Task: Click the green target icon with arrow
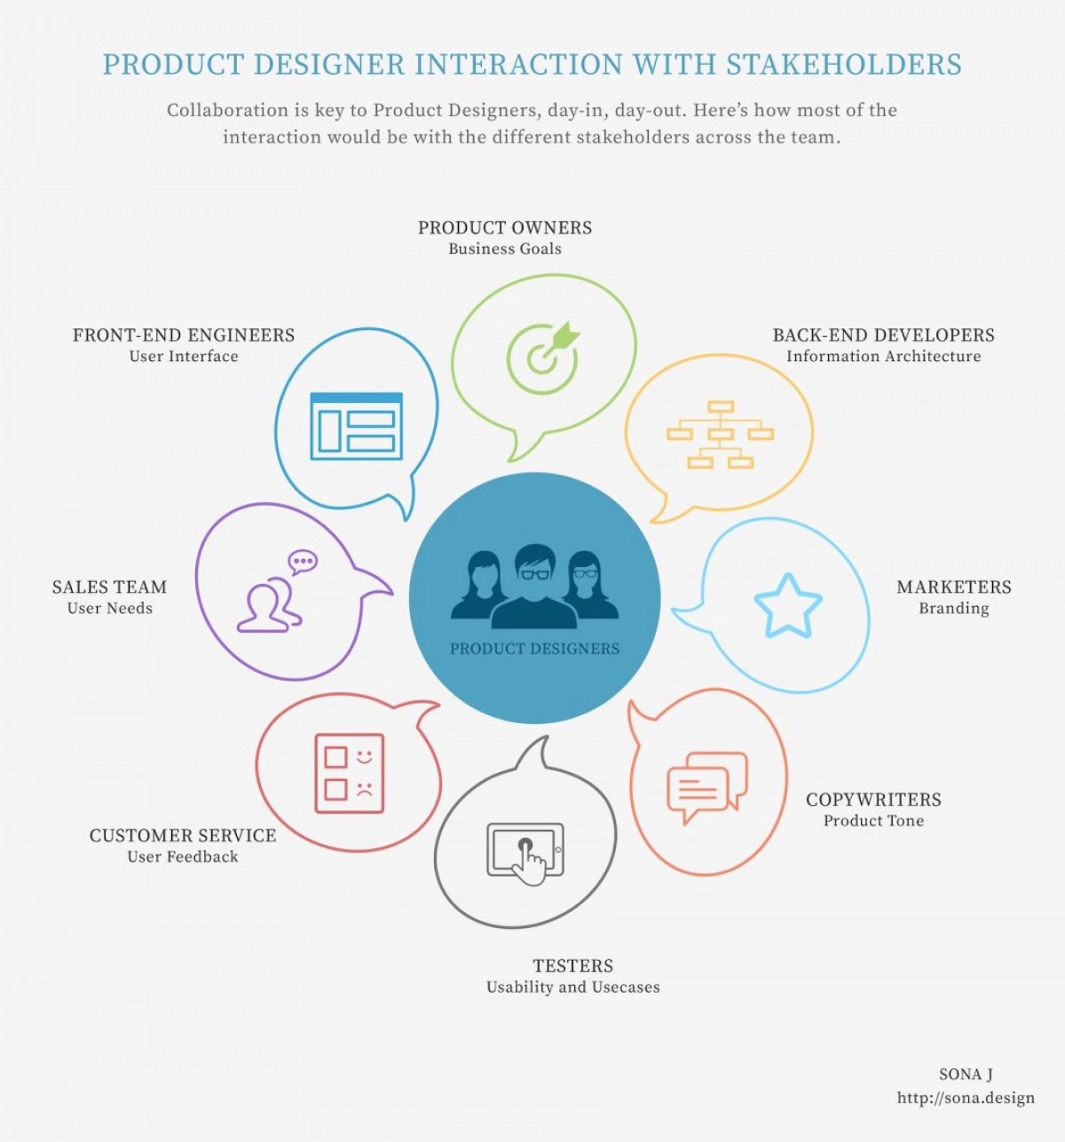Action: click(542, 353)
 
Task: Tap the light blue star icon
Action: click(787, 606)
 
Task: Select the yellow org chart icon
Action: click(720, 435)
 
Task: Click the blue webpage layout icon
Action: click(356, 426)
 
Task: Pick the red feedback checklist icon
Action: click(350, 773)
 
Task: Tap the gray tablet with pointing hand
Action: click(525, 852)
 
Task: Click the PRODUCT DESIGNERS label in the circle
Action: click(534, 649)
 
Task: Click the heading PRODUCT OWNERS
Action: click(505, 228)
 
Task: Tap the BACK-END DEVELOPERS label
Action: click(883, 335)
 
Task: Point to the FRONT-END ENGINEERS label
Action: click(184, 335)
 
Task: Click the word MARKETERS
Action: click(953, 587)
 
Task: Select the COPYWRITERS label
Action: click(873, 799)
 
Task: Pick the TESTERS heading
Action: click(572, 965)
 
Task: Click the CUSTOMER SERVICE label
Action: click(183, 836)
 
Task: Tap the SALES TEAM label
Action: click(109, 587)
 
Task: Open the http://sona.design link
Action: click(966, 1099)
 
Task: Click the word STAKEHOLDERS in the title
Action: click(844, 65)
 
